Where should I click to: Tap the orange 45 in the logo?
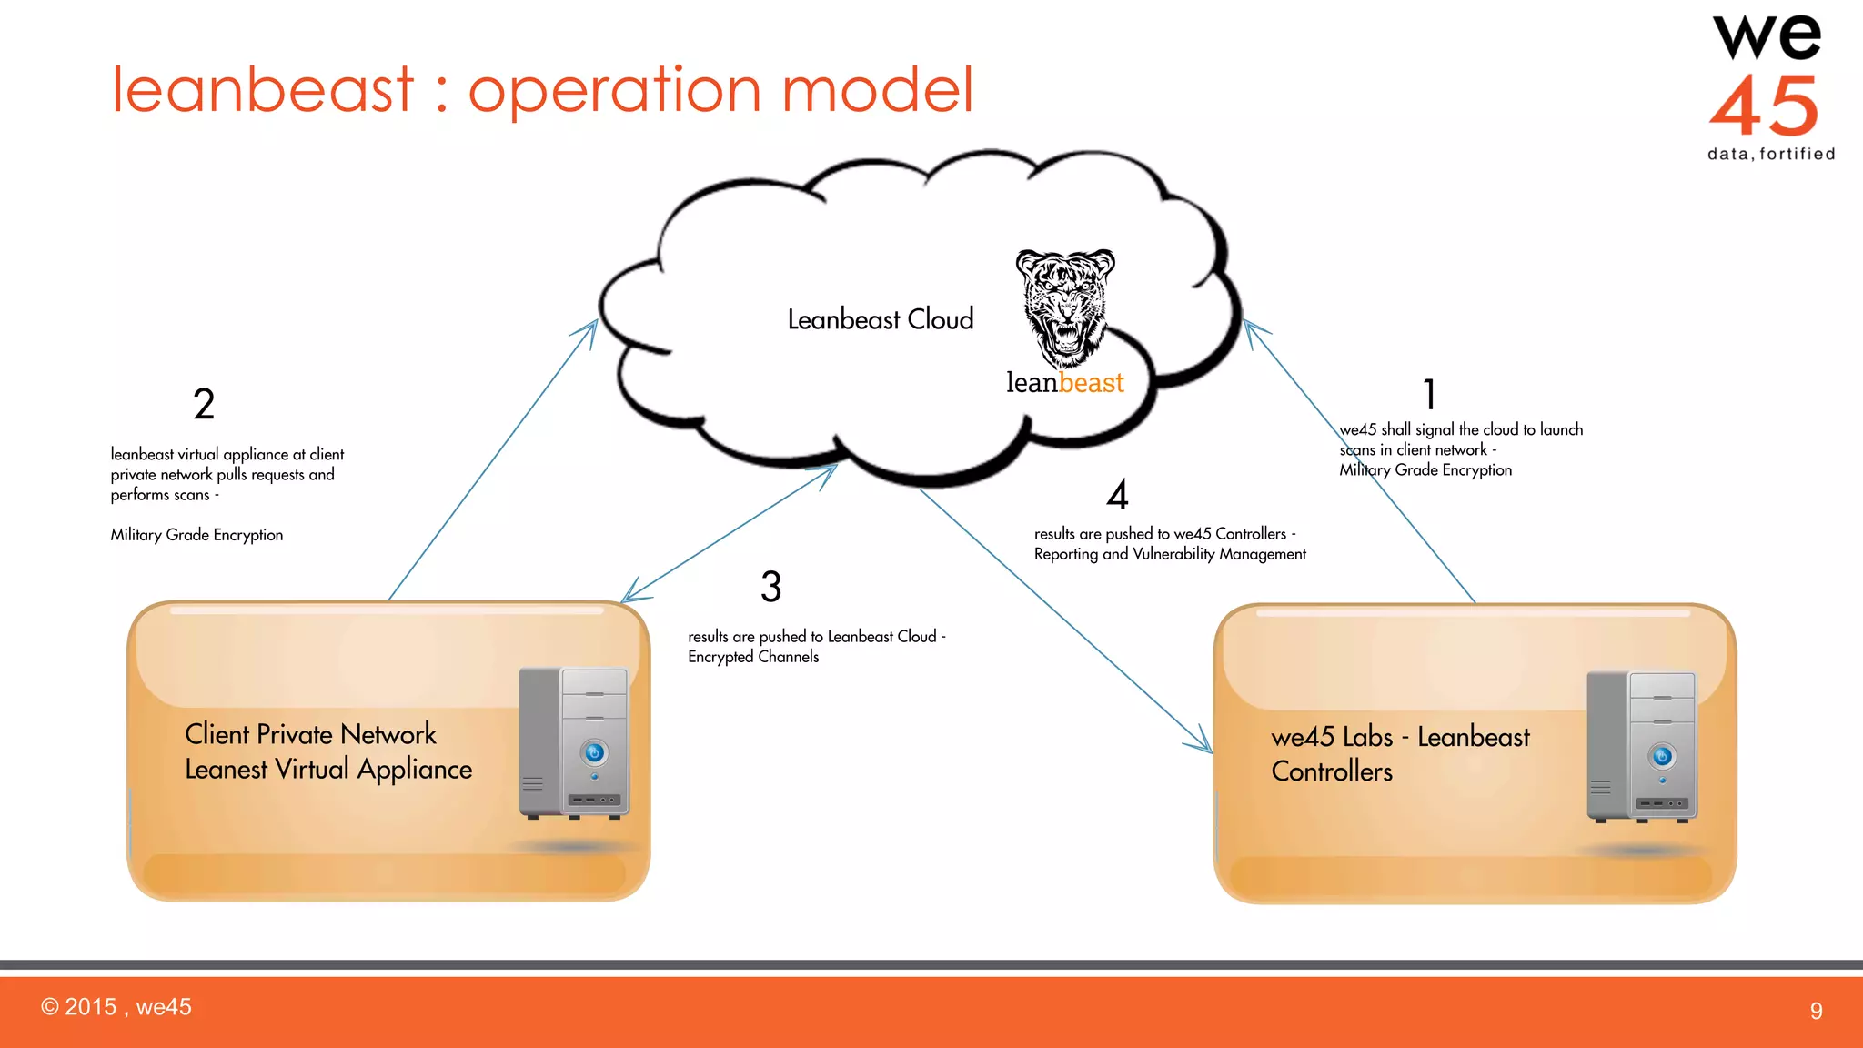(x=1764, y=106)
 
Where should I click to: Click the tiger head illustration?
(x=1064, y=305)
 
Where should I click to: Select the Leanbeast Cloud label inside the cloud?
(x=880, y=320)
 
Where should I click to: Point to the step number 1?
(x=1429, y=395)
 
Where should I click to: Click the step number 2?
(x=204, y=404)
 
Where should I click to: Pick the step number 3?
(x=770, y=587)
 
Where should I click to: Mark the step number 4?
(x=1117, y=495)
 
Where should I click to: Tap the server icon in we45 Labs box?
(x=1642, y=747)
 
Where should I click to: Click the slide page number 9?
(x=1816, y=1011)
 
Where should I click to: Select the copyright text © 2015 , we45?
(x=116, y=1007)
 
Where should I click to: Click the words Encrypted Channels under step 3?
(x=753, y=657)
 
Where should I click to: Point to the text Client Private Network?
(x=310, y=734)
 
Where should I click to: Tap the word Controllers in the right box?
(x=1332, y=771)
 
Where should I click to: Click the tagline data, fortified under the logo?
(x=1771, y=155)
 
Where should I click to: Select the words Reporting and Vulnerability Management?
(x=1170, y=554)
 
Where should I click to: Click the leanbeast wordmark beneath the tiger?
(x=1064, y=383)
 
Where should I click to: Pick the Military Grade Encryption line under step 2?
(x=196, y=535)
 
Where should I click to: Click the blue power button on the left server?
(x=594, y=752)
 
